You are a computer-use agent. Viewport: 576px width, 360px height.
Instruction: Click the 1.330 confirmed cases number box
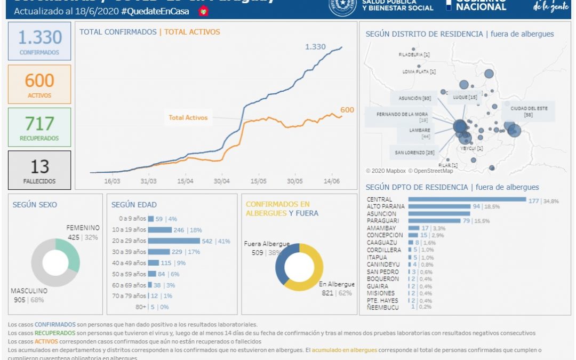40,37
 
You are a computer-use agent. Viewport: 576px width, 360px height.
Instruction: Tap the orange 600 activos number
39,81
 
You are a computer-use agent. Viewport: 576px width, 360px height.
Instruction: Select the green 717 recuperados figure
39,124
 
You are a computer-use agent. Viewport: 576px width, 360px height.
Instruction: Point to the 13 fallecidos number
39,166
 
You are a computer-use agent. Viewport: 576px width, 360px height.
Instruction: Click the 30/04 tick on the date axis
221,181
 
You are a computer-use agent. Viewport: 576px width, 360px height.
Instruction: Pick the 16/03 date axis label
112,181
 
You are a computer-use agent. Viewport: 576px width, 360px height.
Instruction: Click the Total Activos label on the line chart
188,117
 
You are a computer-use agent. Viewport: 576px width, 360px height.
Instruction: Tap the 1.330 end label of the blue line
315,47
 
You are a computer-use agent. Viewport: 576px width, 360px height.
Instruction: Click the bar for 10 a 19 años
159,230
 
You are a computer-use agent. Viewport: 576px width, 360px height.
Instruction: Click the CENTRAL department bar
467,199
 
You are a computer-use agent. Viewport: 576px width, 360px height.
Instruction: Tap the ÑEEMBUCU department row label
382,307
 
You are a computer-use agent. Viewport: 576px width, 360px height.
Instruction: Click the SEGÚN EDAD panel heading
134,205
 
